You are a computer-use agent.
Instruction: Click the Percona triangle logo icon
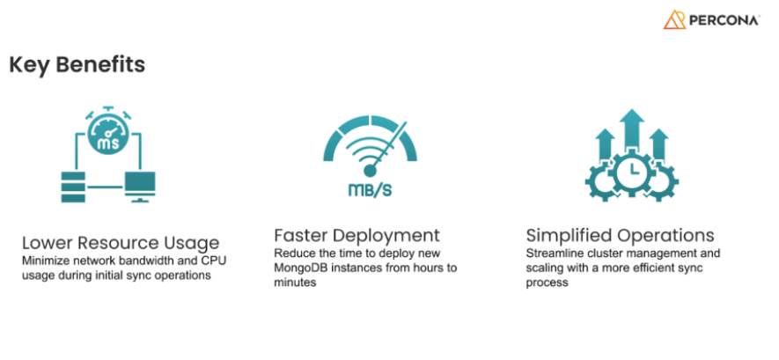(674, 19)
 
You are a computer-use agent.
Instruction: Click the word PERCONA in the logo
(724, 20)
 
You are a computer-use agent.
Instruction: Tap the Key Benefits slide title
(77, 65)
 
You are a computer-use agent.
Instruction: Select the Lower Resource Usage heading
(121, 243)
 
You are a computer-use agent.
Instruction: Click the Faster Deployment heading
(356, 235)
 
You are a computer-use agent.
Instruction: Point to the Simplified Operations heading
(620, 235)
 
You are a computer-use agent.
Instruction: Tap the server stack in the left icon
(73, 187)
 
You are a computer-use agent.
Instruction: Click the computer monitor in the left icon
(140, 187)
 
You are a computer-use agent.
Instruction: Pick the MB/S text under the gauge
(370, 190)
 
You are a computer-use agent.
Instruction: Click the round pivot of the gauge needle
(370, 171)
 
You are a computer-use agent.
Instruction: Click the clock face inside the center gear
(632, 170)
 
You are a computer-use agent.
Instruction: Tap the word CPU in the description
(214, 261)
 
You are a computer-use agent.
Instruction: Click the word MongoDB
(299, 268)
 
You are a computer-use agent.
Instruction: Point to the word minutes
(295, 283)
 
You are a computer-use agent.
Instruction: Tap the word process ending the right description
(547, 283)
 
